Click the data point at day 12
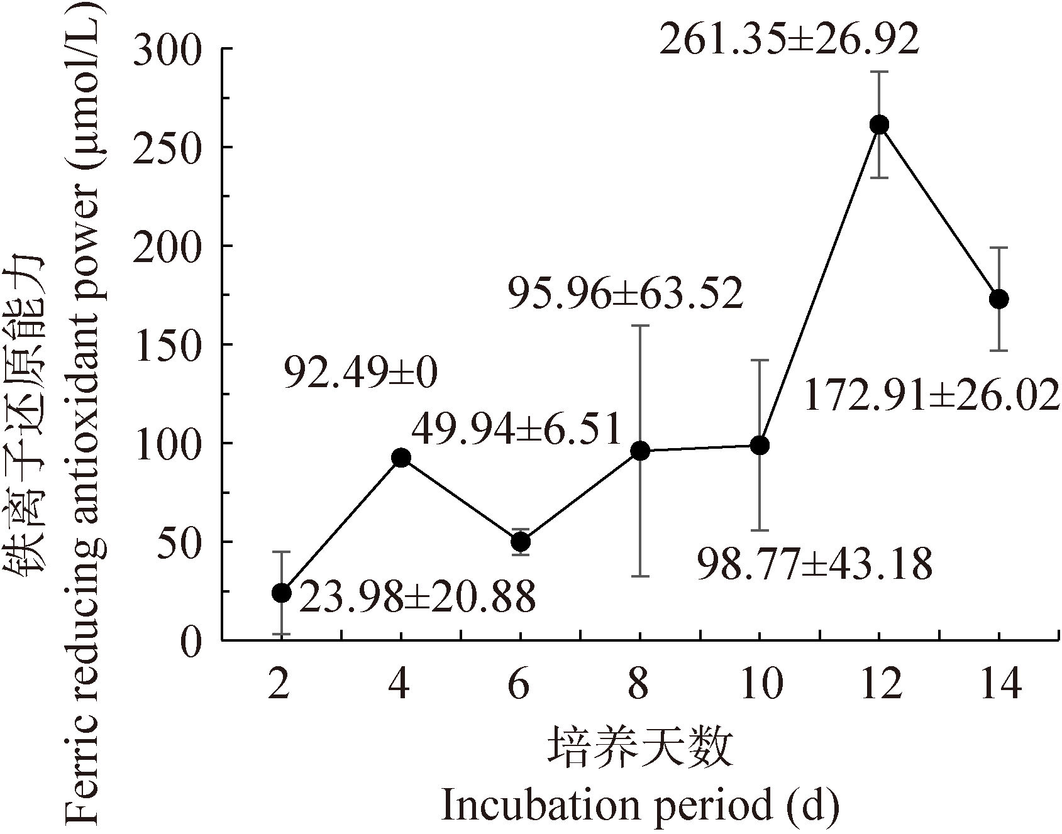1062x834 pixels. [879, 125]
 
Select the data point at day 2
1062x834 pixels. [282, 593]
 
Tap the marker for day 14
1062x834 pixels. [998, 299]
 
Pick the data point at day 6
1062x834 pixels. [521, 541]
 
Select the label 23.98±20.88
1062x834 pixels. [417, 597]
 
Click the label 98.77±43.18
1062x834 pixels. [815, 564]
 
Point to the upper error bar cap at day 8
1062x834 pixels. [640, 326]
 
